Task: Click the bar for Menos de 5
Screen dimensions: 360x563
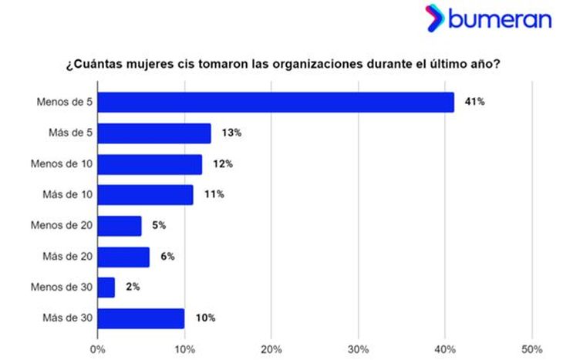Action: click(275, 103)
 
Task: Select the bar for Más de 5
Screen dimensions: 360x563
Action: click(154, 133)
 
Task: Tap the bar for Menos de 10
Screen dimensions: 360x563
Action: click(150, 164)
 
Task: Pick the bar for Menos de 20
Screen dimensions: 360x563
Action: click(120, 226)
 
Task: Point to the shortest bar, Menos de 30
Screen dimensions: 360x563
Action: click(106, 288)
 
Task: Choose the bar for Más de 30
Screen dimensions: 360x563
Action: click(141, 318)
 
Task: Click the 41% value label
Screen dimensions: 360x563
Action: click(474, 102)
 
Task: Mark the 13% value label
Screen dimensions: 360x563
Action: click(232, 133)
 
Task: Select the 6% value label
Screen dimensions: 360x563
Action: click(167, 257)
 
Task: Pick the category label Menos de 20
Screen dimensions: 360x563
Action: click(62, 226)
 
